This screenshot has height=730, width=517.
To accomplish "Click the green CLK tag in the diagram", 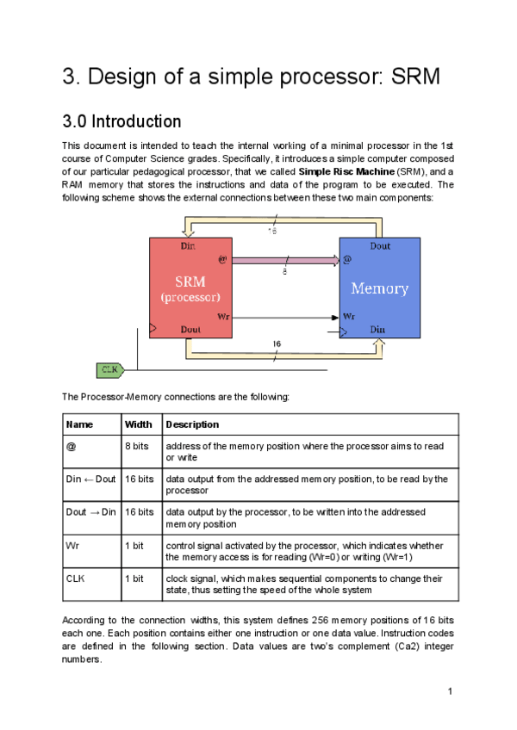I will click(x=109, y=370).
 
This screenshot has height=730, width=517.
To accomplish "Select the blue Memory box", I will click(x=379, y=288).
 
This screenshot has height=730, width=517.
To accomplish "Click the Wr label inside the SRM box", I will click(x=223, y=317).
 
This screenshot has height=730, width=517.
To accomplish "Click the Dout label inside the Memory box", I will click(x=380, y=246).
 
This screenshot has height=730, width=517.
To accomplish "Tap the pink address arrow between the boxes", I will click(x=284, y=258).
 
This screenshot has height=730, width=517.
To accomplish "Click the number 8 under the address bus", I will click(x=284, y=272).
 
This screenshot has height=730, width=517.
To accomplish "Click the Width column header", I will click(x=138, y=424).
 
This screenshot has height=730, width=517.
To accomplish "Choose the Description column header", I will click(x=192, y=424).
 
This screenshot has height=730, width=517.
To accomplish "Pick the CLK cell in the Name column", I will click(x=76, y=578).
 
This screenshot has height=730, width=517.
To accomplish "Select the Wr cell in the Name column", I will click(x=72, y=546).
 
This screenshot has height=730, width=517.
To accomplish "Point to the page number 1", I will click(x=450, y=690).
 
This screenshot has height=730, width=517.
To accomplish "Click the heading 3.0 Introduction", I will click(x=121, y=121).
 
